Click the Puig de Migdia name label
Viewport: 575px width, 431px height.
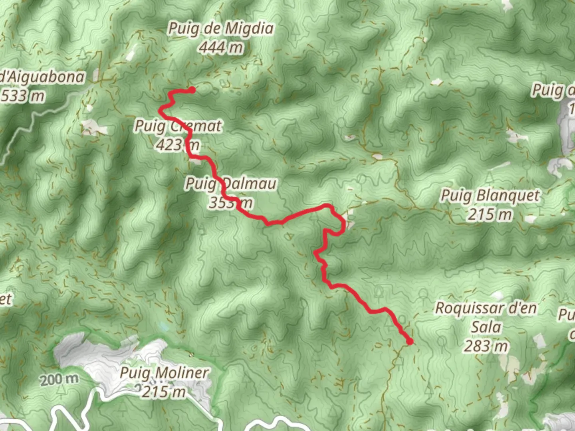(x=221, y=29)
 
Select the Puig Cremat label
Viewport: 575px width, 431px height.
(x=178, y=126)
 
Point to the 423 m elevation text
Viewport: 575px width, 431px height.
(x=178, y=145)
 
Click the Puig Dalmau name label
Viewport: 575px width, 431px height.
(x=231, y=184)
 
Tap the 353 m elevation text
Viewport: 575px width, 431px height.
(x=231, y=203)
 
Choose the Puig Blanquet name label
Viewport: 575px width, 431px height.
(x=490, y=196)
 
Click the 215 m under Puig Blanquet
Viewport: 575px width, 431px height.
(x=490, y=215)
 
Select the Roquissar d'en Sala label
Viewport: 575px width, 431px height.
(x=486, y=308)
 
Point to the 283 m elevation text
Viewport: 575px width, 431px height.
(x=486, y=346)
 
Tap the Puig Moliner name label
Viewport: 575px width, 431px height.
(x=164, y=373)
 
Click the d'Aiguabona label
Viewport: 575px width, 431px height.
(x=42, y=77)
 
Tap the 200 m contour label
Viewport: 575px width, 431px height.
(x=59, y=379)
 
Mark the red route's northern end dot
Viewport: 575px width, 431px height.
(x=192, y=90)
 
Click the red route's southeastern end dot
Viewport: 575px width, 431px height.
(x=410, y=342)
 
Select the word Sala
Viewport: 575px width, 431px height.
(x=486, y=327)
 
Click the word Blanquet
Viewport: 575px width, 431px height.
(x=508, y=196)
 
